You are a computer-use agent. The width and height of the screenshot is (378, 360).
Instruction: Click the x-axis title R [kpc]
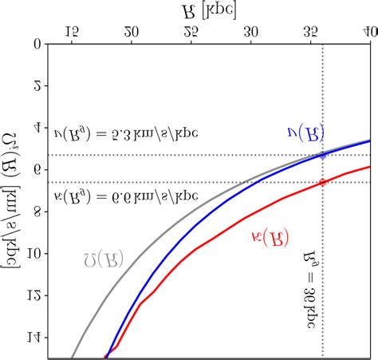[209, 9]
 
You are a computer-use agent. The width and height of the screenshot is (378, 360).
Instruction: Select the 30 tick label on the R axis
[251, 33]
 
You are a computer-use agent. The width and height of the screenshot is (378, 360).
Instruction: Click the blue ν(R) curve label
[304, 135]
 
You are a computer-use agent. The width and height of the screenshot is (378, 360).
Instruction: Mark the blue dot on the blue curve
[322, 155]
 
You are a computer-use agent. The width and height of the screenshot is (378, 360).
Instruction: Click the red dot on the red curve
[322, 182]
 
